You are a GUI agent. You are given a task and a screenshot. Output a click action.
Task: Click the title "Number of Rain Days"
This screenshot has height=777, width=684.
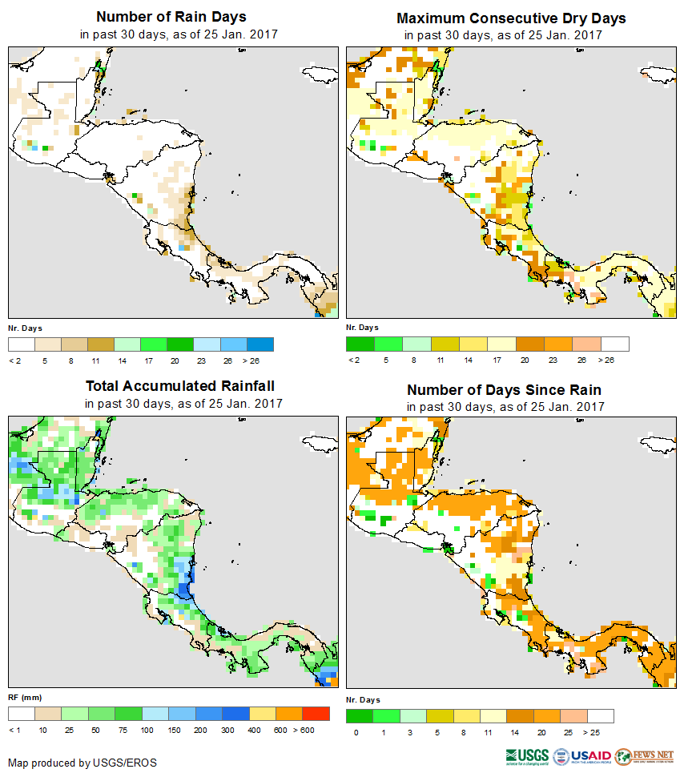pos(171,17)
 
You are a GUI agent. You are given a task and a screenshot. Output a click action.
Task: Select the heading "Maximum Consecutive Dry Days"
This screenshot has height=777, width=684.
pos(511,18)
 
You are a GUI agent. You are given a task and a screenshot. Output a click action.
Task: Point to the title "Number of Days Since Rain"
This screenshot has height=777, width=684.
pos(504,390)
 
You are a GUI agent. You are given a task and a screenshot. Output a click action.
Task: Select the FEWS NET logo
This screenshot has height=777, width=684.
pos(645,755)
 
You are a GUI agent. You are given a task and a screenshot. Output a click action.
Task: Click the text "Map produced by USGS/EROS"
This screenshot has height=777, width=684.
pos(82,763)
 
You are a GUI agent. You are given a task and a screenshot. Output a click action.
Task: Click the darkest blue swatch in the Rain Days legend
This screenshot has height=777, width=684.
pos(260,344)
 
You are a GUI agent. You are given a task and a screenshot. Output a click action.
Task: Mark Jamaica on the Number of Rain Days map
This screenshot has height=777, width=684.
pos(317,74)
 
